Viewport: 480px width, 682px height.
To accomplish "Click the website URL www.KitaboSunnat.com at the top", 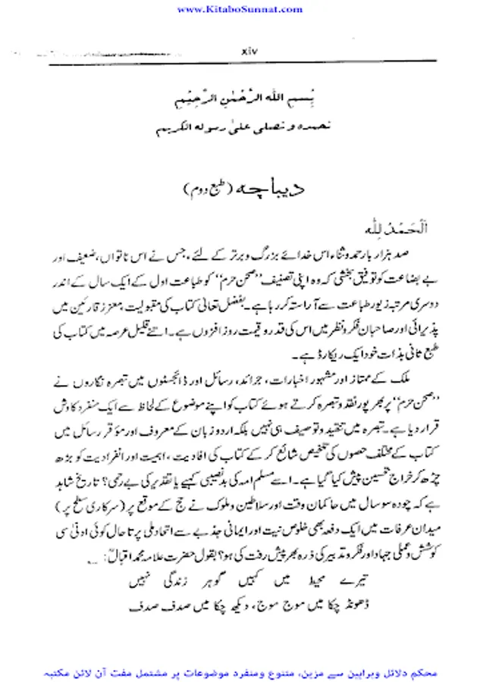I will pos(240,9).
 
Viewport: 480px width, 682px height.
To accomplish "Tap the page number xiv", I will pos(251,52).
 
